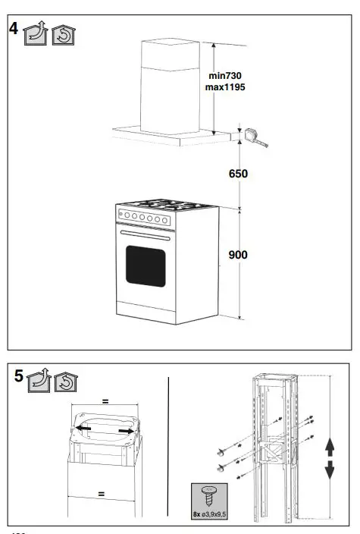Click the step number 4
pyautogui.click(x=14, y=30)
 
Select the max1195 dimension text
pyautogui.click(x=225, y=87)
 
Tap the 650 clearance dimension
pyautogui.click(x=239, y=174)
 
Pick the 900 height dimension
pyautogui.click(x=239, y=255)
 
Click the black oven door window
pyautogui.click(x=146, y=266)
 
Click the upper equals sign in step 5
pyautogui.click(x=105, y=400)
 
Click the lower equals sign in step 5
pyautogui.click(x=101, y=494)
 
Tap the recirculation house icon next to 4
pyautogui.click(x=63, y=34)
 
